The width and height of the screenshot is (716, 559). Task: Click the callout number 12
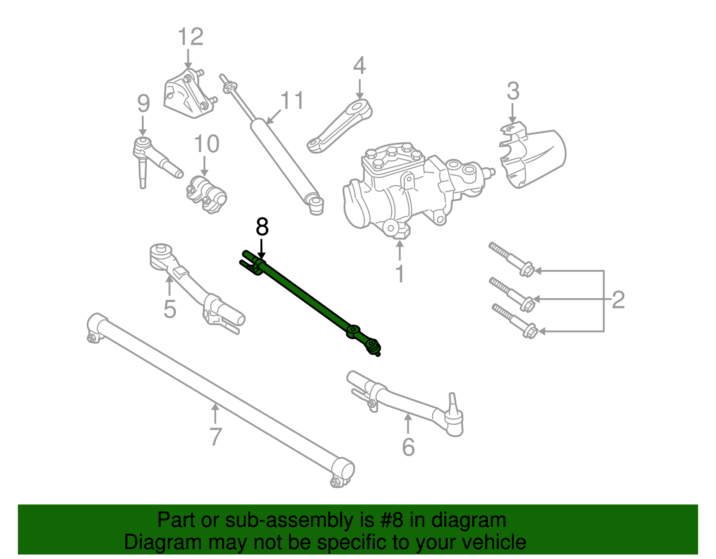point(191,37)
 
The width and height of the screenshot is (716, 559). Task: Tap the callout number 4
point(359,66)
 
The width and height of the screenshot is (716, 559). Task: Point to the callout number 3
point(513,91)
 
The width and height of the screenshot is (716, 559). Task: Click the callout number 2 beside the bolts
point(618,300)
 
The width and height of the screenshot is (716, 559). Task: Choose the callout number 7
point(216,437)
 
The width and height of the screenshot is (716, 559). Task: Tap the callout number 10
point(206,144)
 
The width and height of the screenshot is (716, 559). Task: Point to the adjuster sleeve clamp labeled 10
point(206,194)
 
